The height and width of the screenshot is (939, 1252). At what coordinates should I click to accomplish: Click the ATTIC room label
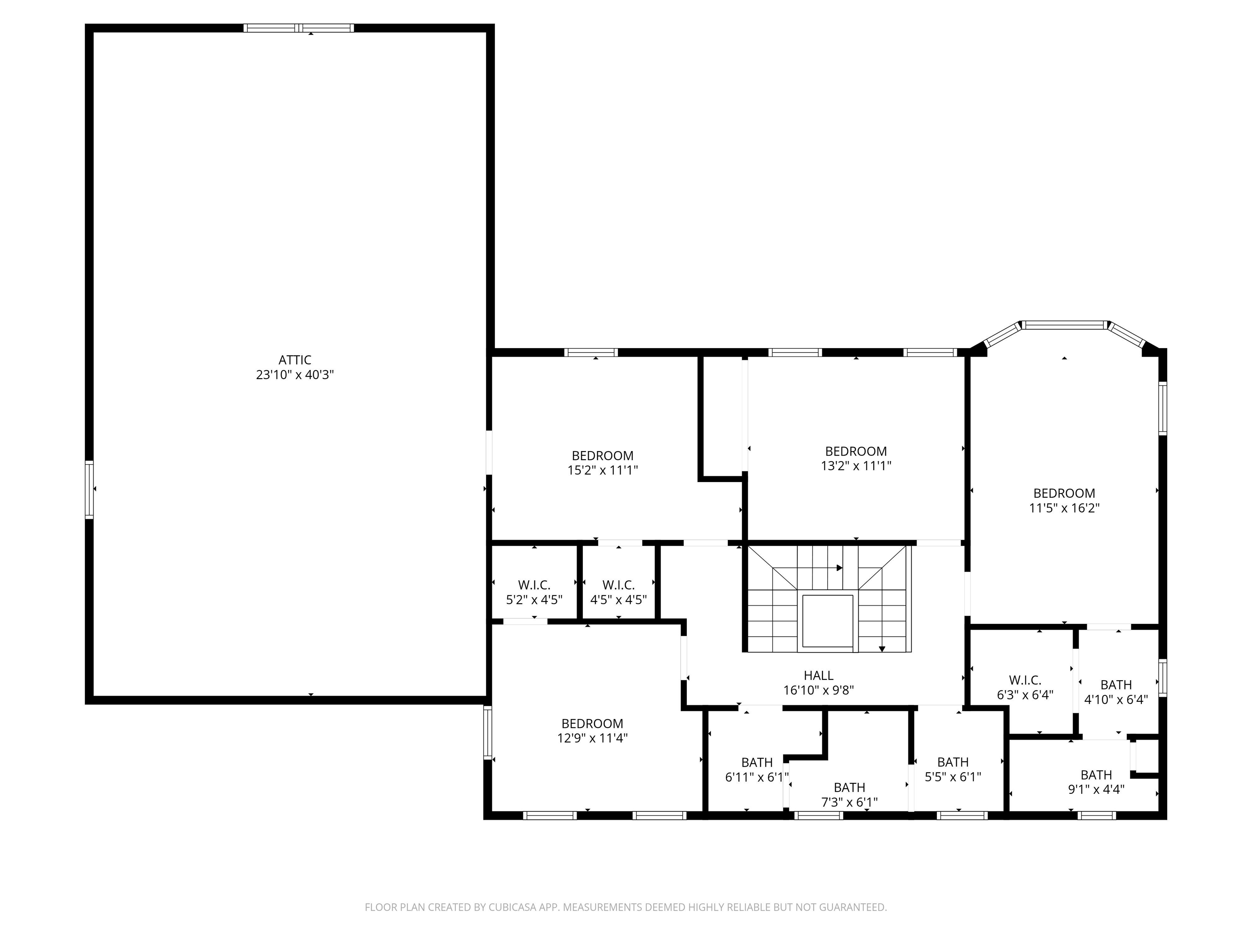(x=295, y=360)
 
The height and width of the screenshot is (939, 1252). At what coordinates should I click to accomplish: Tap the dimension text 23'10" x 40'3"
(x=295, y=375)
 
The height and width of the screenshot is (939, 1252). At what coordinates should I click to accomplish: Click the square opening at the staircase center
(x=827, y=621)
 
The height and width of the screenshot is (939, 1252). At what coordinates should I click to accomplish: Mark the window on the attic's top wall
(x=299, y=28)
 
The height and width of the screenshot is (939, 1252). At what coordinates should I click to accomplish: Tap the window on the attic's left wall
(x=89, y=489)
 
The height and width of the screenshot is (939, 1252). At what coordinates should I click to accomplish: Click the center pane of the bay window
(x=1064, y=325)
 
